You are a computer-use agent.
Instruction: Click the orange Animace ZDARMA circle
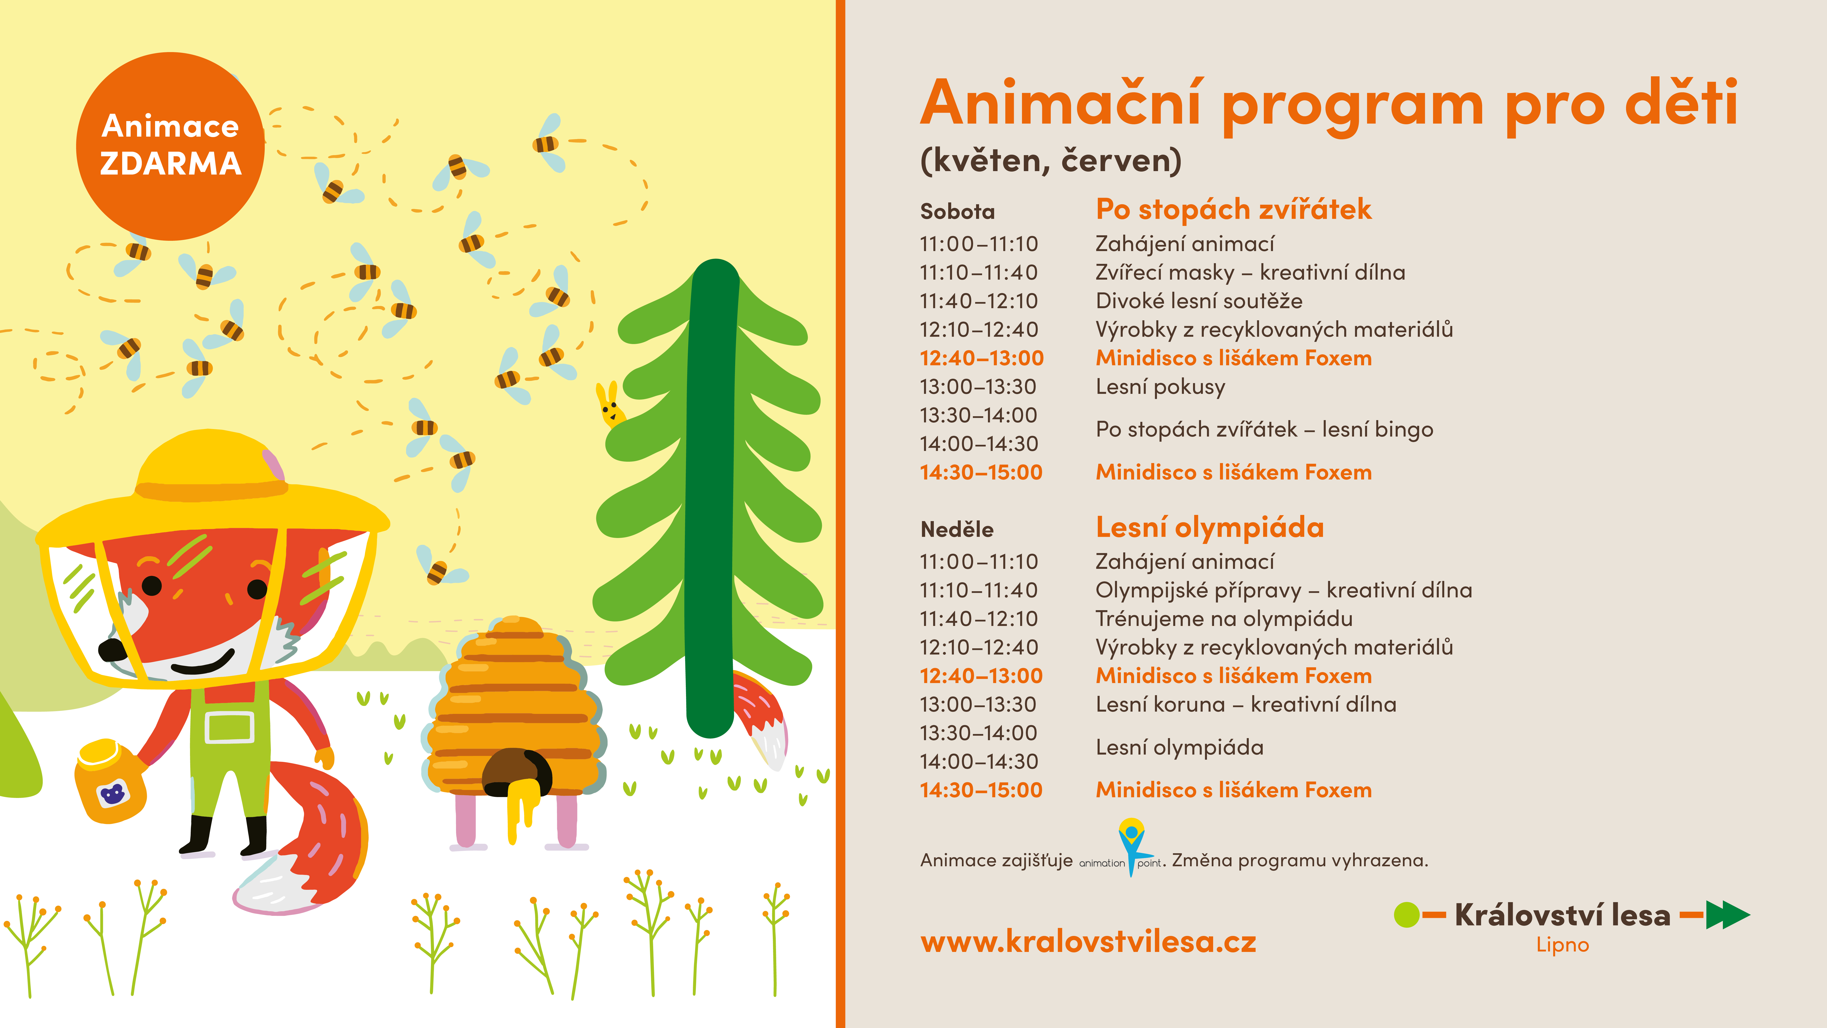pos(170,146)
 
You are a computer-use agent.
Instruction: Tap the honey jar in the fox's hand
pos(110,780)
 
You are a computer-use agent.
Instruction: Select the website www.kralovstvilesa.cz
pos(1088,941)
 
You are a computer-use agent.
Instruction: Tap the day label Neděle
pos(957,529)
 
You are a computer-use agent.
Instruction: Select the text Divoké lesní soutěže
pos(1199,301)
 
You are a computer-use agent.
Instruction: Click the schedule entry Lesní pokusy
pos(1160,387)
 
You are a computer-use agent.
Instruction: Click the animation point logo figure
pos(1131,846)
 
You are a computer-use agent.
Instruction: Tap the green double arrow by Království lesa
pos(1728,915)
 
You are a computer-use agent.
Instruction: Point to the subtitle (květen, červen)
pos(1050,160)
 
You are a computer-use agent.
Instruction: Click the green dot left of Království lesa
pos(1406,915)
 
